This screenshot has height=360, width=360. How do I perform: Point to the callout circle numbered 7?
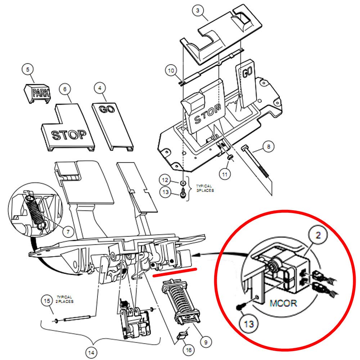click(68, 230)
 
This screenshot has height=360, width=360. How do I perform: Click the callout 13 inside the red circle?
click(249, 324)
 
